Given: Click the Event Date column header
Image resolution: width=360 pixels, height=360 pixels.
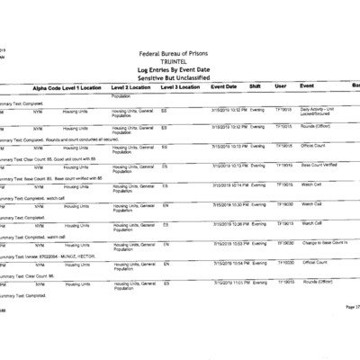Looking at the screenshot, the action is [x=223, y=86].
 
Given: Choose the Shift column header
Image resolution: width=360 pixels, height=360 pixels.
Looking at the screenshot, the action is [x=255, y=86].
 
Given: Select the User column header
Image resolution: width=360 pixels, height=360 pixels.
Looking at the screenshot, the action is [x=280, y=86].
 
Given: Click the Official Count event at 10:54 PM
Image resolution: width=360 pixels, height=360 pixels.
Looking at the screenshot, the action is [x=316, y=263].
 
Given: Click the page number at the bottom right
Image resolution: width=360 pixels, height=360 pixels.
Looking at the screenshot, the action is [x=351, y=307].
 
